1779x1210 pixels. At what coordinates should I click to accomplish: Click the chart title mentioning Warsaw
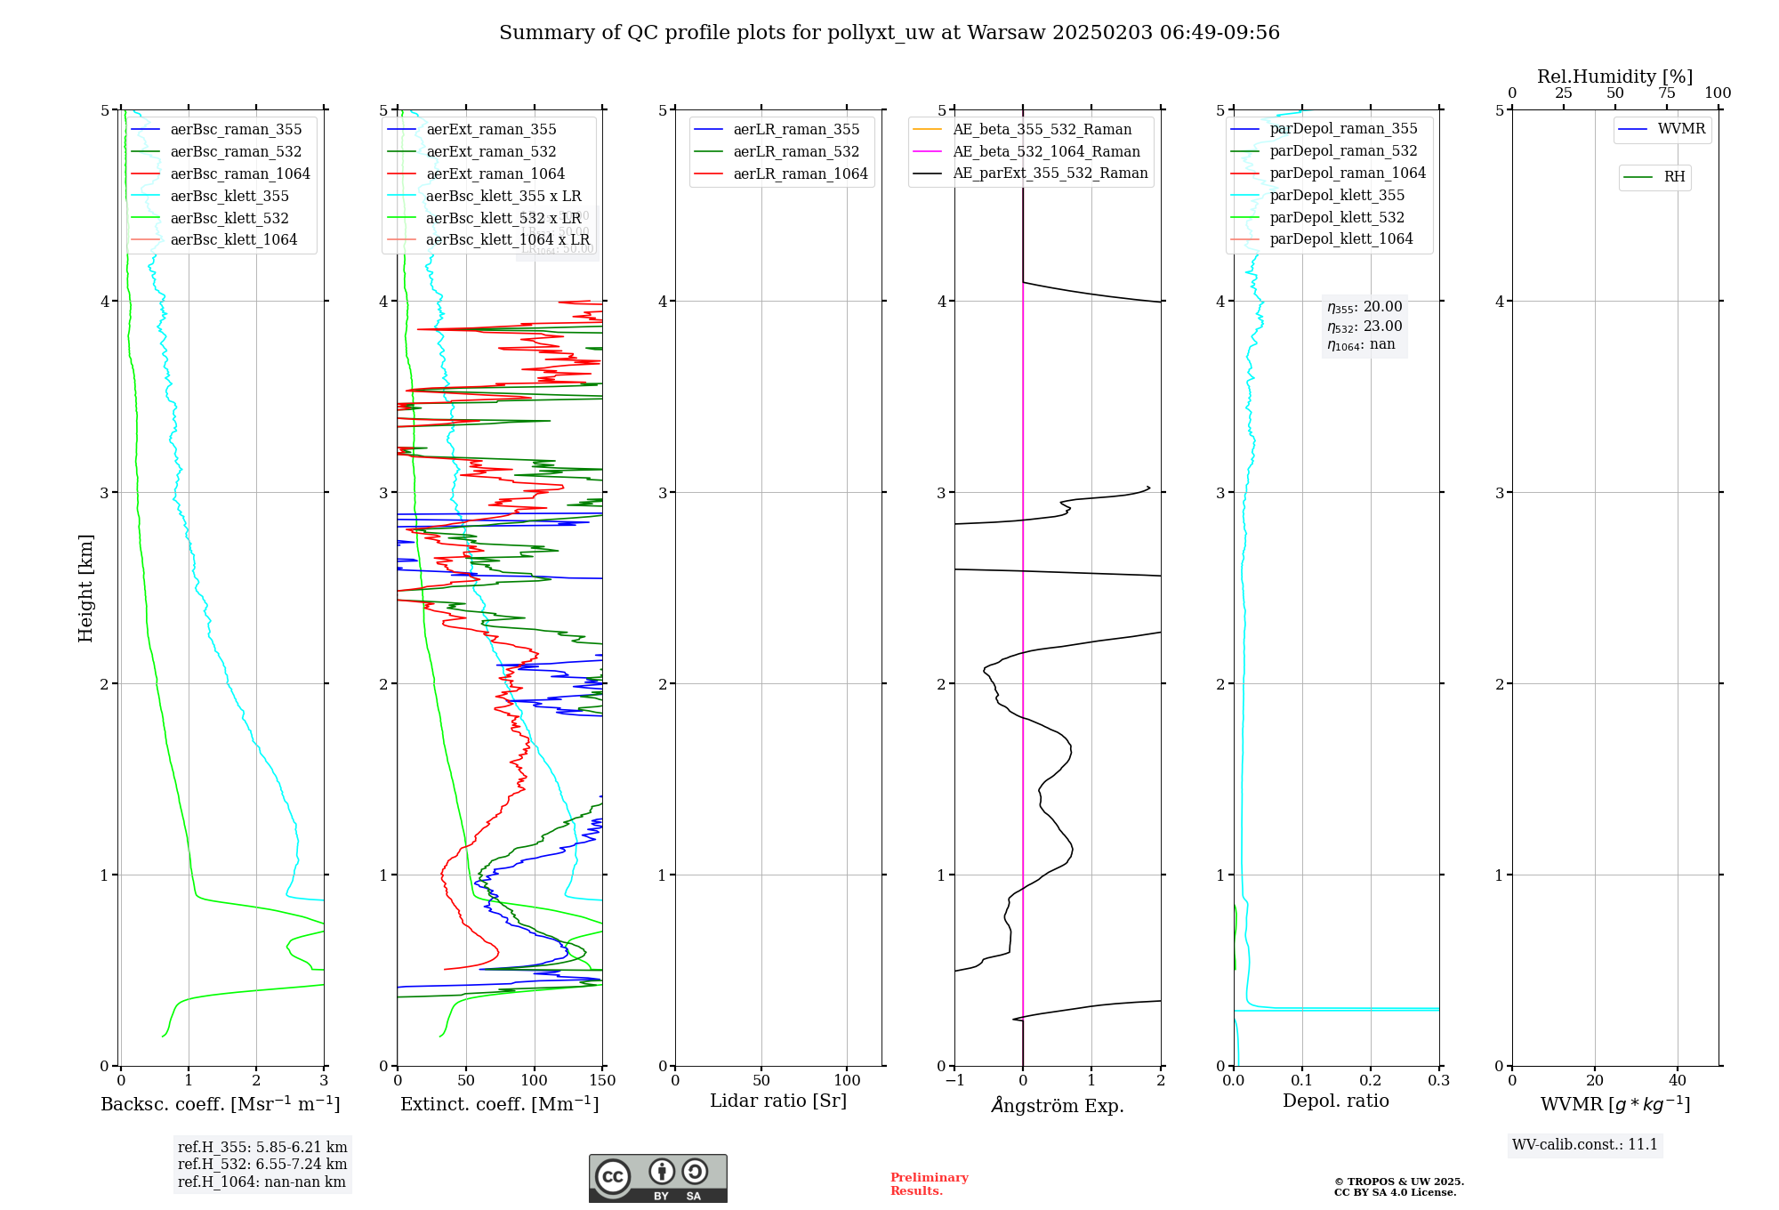click(x=889, y=33)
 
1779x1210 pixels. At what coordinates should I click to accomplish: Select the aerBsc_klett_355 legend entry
click(x=229, y=196)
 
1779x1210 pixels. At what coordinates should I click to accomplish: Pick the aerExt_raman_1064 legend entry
click(x=495, y=173)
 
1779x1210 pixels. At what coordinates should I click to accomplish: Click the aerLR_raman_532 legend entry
click(x=795, y=151)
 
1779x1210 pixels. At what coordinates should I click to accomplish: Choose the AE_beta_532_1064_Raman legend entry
click(x=1045, y=151)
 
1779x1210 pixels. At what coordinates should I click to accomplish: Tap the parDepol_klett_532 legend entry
click(x=1336, y=217)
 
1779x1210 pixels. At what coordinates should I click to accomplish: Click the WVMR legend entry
click(x=1680, y=129)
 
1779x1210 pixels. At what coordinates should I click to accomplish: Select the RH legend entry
click(x=1673, y=177)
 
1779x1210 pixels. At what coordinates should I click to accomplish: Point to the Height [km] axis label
click(x=85, y=587)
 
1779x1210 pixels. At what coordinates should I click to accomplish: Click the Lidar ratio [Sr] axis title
click(x=778, y=1101)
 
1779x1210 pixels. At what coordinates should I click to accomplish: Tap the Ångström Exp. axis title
click(x=1058, y=1105)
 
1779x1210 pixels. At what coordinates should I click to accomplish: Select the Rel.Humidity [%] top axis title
click(x=1614, y=77)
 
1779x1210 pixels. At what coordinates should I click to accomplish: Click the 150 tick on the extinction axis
click(x=602, y=1080)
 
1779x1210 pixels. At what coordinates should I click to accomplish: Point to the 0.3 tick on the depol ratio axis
click(x=1438, y=1080)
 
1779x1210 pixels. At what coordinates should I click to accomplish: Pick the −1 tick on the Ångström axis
click(x=954, y=1080)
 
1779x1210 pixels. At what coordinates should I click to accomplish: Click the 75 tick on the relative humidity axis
click(x=1666, y=93)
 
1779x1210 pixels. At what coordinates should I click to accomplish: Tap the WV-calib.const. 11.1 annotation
click(x=1585, y=1144)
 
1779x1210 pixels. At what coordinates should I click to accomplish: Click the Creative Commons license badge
click(x=657, y=1178)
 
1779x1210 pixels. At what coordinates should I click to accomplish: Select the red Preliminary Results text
click(x=929, y=1184)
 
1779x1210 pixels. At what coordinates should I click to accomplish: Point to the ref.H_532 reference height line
click(x=262, y=1164)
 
